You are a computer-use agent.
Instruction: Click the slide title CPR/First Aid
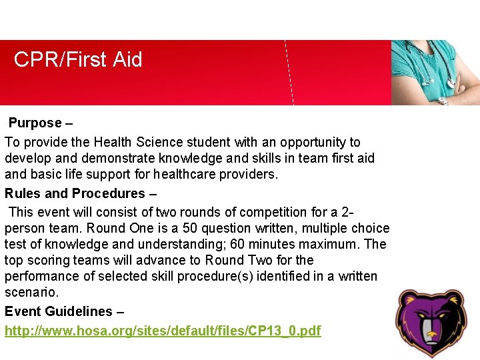[x=78, y=60]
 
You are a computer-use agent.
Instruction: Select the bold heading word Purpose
[x=35, y=123]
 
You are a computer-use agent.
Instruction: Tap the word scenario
[x=31, y=293]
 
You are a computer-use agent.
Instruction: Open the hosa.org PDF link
[x=163, y=331]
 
